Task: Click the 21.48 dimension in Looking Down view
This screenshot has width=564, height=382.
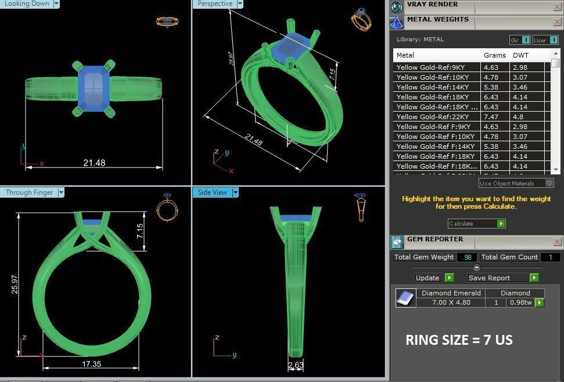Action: (94, 163)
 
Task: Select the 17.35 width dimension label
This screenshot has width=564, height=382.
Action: (92, 363)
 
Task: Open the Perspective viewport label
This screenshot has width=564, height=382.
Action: (214, 4)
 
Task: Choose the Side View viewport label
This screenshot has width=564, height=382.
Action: (212, 192)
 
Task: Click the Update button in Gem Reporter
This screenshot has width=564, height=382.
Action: (428, 278)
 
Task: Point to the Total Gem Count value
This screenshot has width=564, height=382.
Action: (550, 257)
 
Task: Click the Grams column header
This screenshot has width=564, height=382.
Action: (495, 55)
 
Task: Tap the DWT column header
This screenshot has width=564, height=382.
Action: (520, 55)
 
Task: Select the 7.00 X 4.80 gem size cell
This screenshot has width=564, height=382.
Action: (451, 302)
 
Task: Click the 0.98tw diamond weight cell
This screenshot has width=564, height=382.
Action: (520, 302)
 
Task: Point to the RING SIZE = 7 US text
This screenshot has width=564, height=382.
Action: (459, 340)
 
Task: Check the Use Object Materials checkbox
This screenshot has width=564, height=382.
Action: (549, 183)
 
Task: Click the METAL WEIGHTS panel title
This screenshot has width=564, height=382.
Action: (437, 19)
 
